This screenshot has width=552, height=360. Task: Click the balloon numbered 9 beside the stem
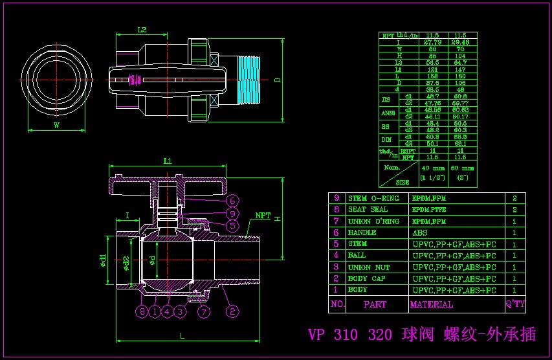(232, 213)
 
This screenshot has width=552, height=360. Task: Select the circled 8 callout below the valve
(142, 312)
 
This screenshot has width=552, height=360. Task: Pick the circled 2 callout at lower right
(232, 312)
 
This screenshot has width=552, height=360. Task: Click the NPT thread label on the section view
(263, 215)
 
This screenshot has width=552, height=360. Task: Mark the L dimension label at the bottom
(182, 335)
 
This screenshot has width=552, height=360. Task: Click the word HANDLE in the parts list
(362, 232)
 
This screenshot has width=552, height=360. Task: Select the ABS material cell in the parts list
(420, 232)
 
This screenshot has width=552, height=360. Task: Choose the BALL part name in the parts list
(357, 256)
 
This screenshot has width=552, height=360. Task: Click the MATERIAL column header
(432, 304)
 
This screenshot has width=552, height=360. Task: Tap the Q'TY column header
(515, 304)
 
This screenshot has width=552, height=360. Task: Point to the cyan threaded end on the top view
(249, 80)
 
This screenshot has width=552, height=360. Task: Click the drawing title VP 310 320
(349, 335)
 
